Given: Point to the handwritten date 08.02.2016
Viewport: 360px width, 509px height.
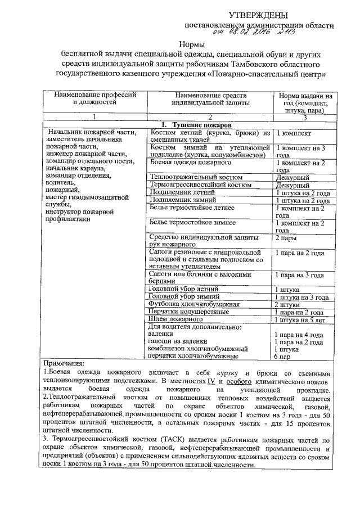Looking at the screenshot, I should pos(247,33).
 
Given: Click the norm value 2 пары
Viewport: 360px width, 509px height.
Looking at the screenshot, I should pos(286,238).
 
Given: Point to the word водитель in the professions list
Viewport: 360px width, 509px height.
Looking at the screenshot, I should pos(62,183).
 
